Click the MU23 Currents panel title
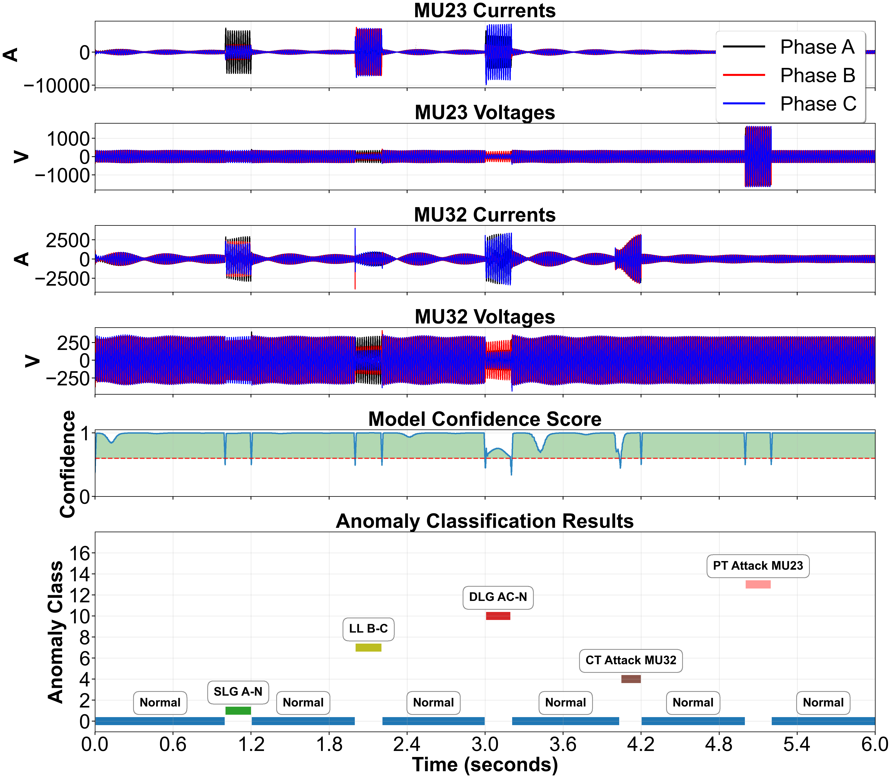tap(484, 10)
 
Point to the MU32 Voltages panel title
tap(484, 317)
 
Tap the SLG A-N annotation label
tap(238, 692)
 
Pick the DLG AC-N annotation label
tap(498, 597)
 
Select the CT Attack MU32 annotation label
tap(630, 660)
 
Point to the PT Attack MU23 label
tap(758, 566)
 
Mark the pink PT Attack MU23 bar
tap(758, 584)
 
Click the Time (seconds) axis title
tap(484, 765)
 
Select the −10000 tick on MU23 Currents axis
tap(57, 86)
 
